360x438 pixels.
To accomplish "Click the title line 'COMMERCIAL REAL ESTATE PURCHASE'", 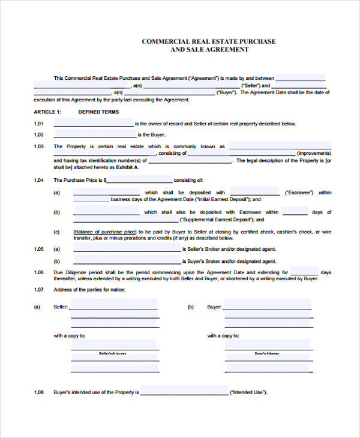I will [208, 41].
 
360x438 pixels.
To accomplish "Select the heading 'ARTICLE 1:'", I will [47, 112].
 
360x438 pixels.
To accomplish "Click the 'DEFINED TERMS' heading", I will [98, 112].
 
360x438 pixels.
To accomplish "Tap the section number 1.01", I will [39, 124].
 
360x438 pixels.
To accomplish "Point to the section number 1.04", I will [39, 180].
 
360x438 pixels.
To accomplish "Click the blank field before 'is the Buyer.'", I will [95, 134].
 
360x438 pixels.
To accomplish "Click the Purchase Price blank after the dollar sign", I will [139, 179].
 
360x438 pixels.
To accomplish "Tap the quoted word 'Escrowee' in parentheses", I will [299, 193].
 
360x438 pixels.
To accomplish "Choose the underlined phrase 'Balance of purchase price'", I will [105, 232].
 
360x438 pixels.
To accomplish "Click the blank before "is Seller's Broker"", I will [127, 249].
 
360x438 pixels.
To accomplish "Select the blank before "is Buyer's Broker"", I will [127, 261].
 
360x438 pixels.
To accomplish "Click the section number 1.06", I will [39, 272].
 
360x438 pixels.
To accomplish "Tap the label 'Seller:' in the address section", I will [61, 307].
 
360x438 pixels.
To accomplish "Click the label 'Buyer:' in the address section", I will [214, 307].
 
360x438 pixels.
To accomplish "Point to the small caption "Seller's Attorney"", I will [114, 354].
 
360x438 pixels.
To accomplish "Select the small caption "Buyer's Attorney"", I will [267, 354].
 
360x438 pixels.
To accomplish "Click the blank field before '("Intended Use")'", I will [184, 392].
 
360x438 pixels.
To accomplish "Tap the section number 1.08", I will [39, 392].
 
